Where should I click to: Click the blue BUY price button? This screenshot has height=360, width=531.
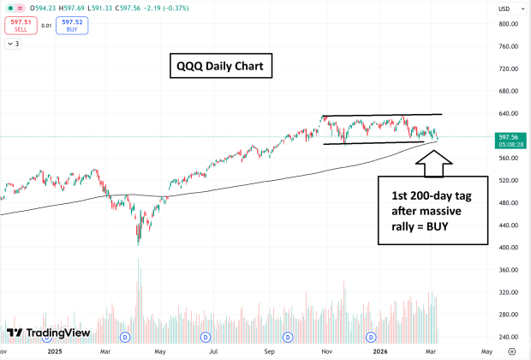pos(73,25)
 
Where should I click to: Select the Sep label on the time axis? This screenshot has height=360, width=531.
pos(267,351)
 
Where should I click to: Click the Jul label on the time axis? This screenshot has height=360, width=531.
pos(213,351)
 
